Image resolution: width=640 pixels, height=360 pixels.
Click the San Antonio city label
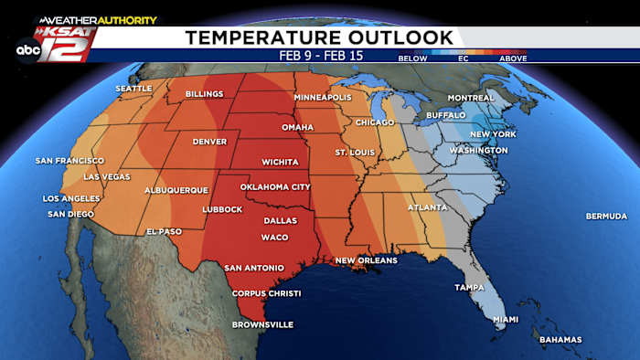[x=252, y=268]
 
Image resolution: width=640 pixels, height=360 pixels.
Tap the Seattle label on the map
[x=133, y=89]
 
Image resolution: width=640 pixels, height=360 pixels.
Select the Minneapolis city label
[x=324, y=97]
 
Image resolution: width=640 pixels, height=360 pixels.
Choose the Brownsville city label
[x=237, y=324]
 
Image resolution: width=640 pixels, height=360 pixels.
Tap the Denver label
[x=209, y=142]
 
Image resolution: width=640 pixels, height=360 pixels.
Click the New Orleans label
[x=366, y=260]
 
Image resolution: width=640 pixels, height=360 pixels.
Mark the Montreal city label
[x=471, y=98]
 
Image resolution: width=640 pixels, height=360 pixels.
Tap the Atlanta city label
[x=427, y=206]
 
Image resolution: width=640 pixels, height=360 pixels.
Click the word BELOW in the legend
[x=412, y=58]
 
